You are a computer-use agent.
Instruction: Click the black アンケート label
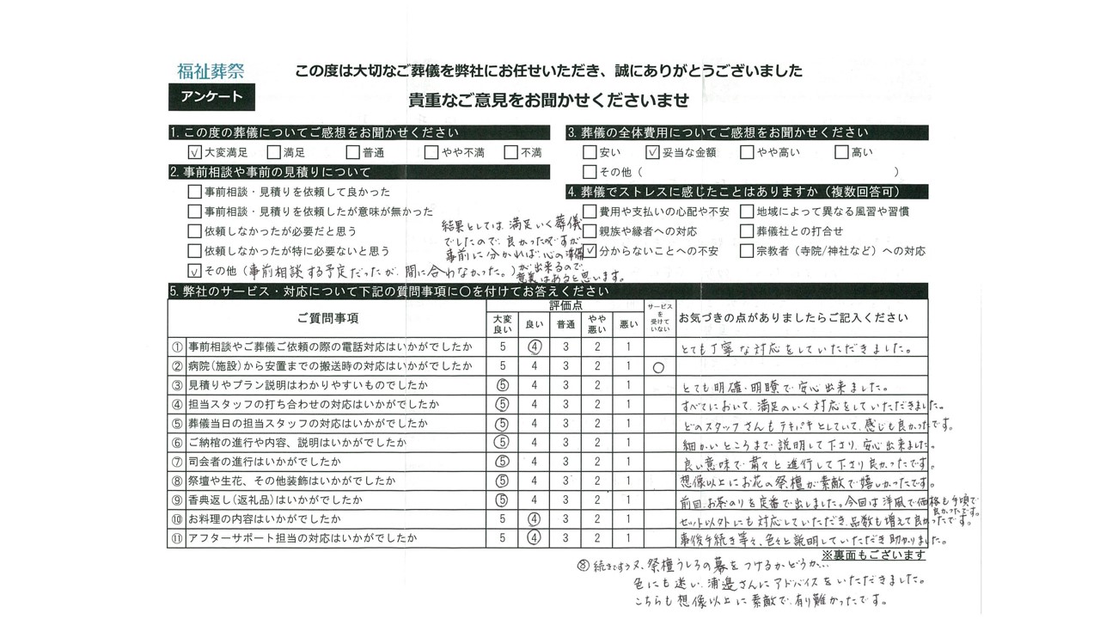coord(211,97)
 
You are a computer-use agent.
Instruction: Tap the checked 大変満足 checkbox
coord(193,152)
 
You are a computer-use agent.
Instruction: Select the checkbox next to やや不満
coord(431,152)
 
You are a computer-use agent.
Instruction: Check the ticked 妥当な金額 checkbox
coord(651,152)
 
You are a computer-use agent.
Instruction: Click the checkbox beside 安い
coord(589,152)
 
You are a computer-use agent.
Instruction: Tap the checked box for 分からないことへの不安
coord(590,251)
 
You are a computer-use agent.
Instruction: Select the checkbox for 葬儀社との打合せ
coord(747,230)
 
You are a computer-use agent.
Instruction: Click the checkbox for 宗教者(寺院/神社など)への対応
coord(747,251)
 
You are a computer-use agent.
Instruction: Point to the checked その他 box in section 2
coord(194,272)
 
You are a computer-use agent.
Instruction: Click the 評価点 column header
coord(565,305)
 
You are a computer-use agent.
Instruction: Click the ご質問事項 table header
coord(327,318)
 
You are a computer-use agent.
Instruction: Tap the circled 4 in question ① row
coord(534,348)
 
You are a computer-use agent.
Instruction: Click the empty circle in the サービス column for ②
coord(658,367)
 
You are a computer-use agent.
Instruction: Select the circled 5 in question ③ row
coord(503,386)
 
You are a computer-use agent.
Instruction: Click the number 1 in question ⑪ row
coord(628,538)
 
